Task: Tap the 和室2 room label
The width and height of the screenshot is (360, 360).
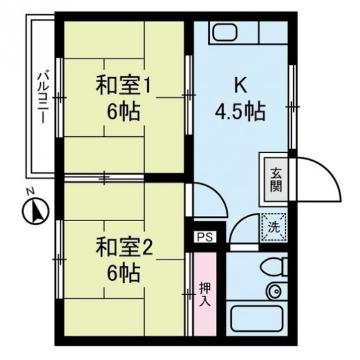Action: (x=124, y=248)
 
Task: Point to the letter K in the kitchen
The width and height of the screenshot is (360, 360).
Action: (x=241, y=84)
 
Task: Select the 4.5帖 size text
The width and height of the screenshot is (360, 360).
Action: (x=241, y=112)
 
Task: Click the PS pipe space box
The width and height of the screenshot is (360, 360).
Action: (x=205, y=237)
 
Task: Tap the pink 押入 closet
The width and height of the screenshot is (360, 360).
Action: (x=205, y=294)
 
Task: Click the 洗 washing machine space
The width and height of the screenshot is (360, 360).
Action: (x=274, y=227)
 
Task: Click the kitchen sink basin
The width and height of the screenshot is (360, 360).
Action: (x=225, y=32)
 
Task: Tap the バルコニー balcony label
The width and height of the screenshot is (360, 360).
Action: (x=43, y=97)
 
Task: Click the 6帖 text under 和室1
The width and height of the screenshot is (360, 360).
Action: (x=123, y=112)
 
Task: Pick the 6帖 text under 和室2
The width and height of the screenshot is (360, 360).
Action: (x=123, y=274)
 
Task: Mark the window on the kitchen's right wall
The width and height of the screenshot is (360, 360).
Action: (x=293, y=107)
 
